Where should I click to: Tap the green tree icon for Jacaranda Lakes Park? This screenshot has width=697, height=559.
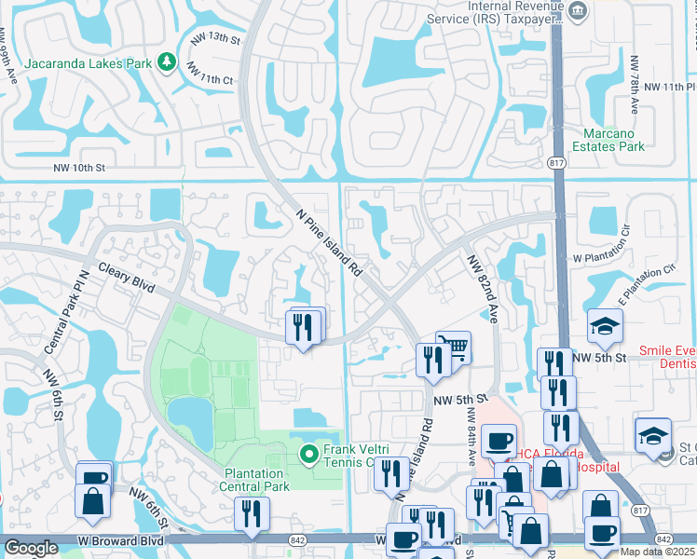click(166, 61)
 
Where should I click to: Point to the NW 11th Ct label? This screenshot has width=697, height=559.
click(210, 74)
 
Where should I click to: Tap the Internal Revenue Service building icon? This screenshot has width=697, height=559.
click(578, 10)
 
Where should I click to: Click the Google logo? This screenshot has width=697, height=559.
click(31, 548)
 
